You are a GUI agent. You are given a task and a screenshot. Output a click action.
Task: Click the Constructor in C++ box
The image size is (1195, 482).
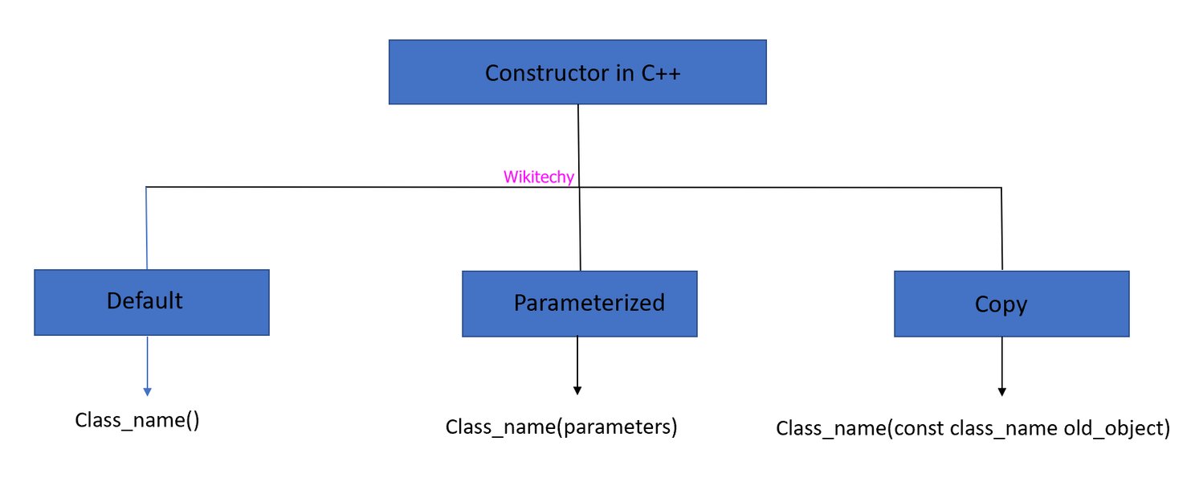[577, 72]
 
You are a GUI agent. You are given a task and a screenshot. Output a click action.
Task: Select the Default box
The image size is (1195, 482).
[151, 302]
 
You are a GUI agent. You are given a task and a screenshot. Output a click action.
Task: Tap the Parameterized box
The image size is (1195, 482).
[579, 304]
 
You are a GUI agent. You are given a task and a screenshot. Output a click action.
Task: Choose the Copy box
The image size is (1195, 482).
[1011, 304]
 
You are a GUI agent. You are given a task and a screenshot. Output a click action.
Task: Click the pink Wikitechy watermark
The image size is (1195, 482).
[538, 178]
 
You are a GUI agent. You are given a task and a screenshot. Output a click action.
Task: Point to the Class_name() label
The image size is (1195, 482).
[137, 420]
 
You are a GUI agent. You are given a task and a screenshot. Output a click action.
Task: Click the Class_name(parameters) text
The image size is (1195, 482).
[561, 427]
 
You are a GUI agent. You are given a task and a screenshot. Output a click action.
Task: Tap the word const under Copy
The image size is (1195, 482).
[918, 428]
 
